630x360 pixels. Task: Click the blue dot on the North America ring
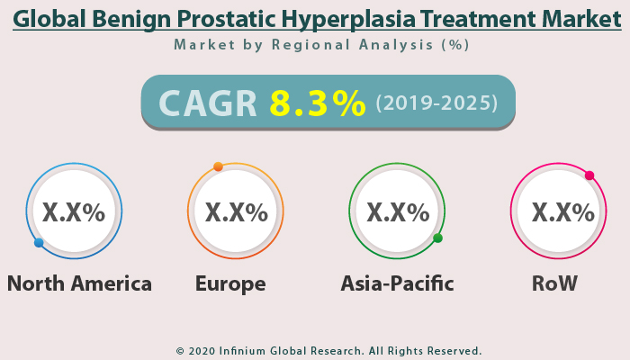39,243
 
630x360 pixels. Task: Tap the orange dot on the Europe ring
218,166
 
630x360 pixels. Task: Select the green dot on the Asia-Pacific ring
437,238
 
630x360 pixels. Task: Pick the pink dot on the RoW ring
589,175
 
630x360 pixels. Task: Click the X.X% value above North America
74,212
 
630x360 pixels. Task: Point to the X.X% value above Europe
236,212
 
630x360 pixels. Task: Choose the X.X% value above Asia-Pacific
398,212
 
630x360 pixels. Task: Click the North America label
79,283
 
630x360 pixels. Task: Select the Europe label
230,283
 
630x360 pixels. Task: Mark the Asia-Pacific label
397,283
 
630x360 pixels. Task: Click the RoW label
554,283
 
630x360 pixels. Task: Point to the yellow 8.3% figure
318,103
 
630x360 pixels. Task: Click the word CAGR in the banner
209,103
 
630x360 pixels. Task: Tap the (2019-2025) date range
436,103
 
